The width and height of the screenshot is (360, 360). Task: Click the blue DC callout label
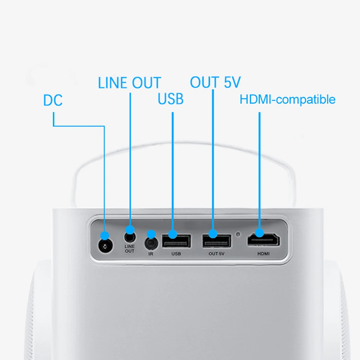coord(53,100)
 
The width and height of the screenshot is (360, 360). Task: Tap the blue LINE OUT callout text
coord(129,83)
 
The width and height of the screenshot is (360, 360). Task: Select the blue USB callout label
coord(171,99)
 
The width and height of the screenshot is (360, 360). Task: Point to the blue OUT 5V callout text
coord(215,82)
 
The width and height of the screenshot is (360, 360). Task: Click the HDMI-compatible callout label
coord(287,99)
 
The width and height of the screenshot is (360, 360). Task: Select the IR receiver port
coord(152,244)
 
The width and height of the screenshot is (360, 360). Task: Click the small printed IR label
coord(151,254)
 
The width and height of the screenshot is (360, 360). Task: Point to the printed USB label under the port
coord(176,254)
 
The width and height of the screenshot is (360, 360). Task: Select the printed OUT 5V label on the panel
coord(216,254)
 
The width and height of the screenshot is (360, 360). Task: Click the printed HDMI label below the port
coord(264,254)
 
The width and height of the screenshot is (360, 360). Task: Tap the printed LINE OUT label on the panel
coord(129,249)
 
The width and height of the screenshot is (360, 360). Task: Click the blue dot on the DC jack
coord(105,235)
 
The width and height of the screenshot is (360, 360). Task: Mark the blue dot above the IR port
coord(152,234)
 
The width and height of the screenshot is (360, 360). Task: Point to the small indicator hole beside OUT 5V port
coord(238,235)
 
